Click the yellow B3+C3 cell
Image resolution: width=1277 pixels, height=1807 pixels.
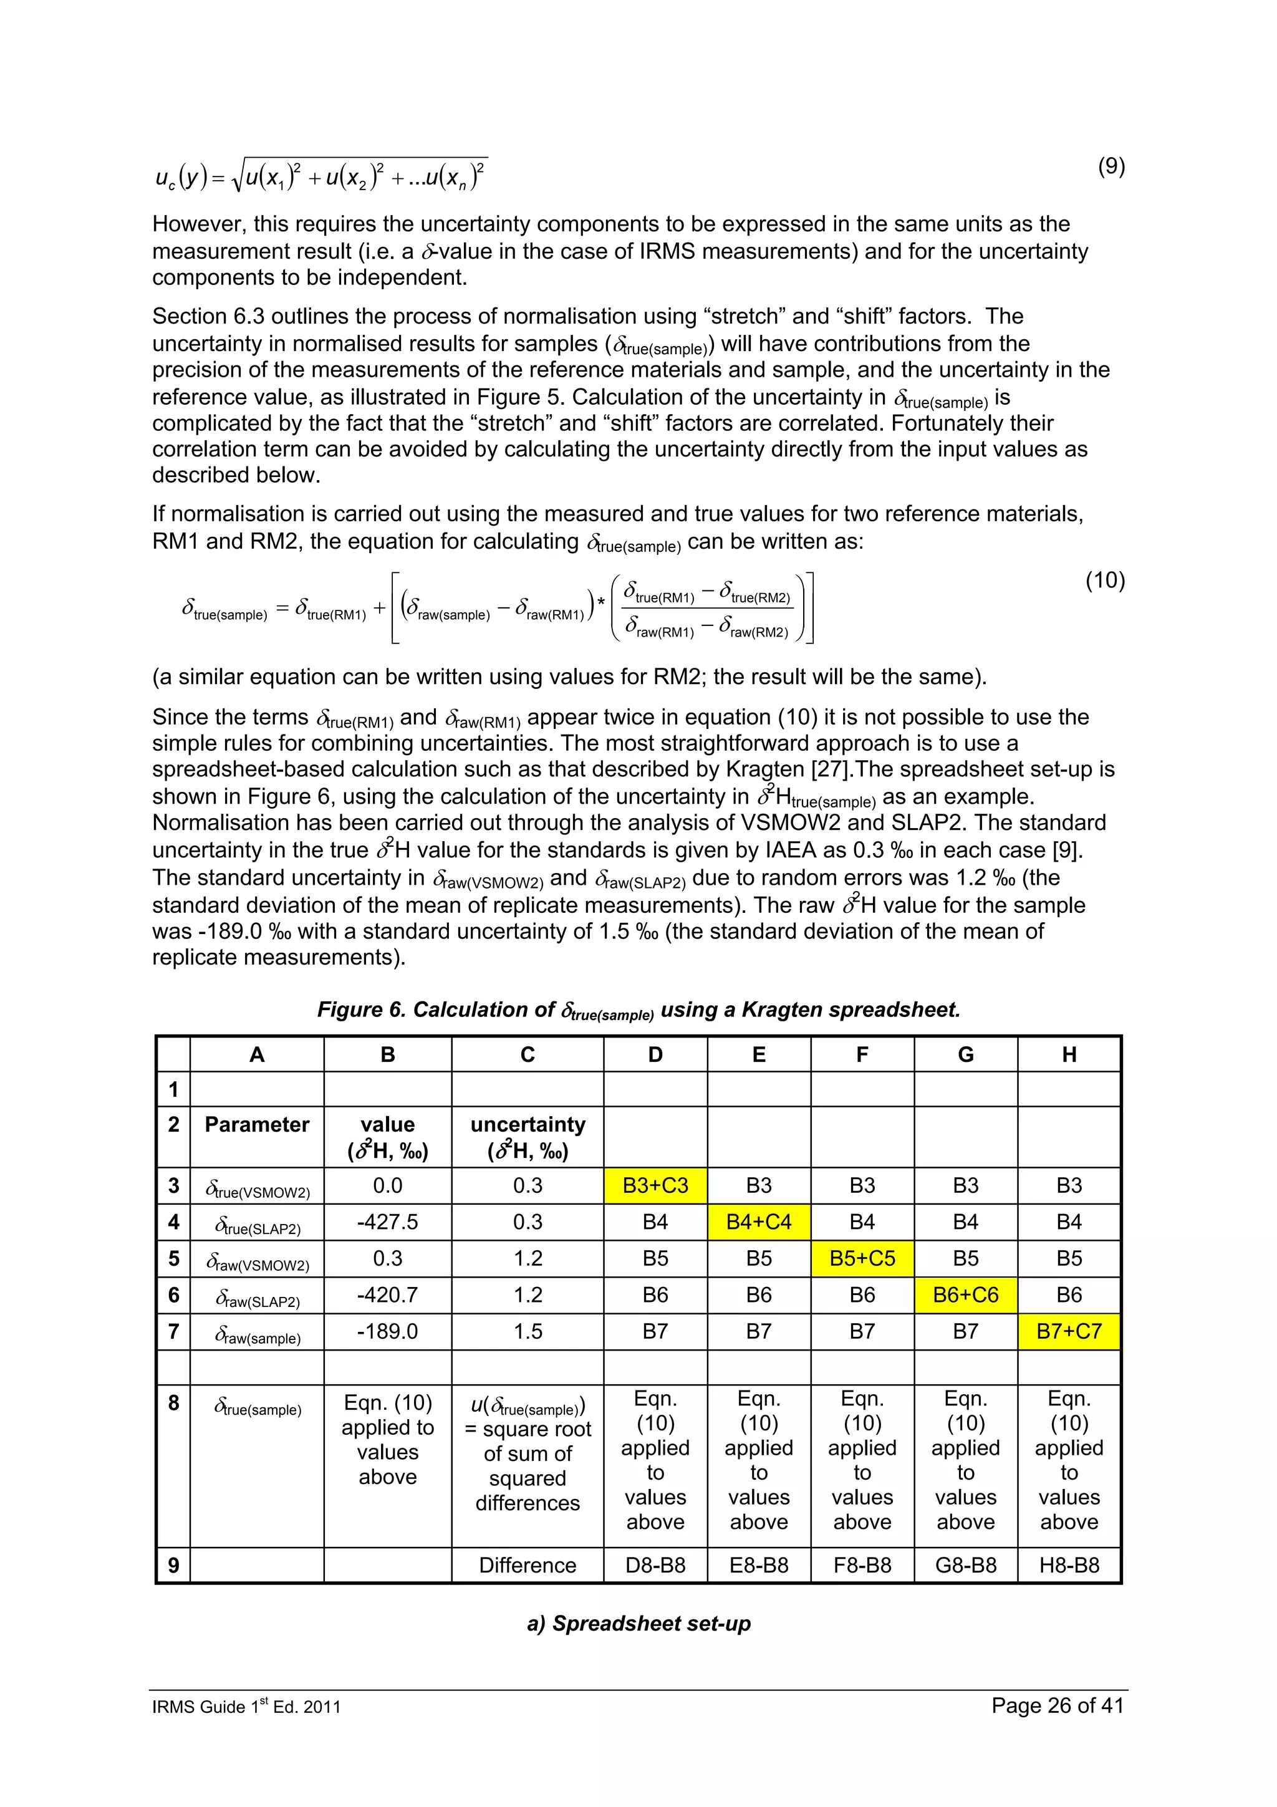tap(655, 1185)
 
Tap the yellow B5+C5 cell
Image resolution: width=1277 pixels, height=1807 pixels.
tap(862, 1258)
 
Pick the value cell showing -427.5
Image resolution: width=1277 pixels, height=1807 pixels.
tap(387, 1222)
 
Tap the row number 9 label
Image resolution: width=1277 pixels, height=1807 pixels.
tap(173, 1566)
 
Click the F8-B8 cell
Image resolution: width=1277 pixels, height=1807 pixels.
tap(862, 1566)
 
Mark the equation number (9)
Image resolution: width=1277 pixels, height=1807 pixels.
tap(1111, 166)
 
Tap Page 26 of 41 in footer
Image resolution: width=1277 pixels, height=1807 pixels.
tap(1057, 1705)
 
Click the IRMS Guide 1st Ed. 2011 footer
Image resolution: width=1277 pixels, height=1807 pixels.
tap(246, 1706)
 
